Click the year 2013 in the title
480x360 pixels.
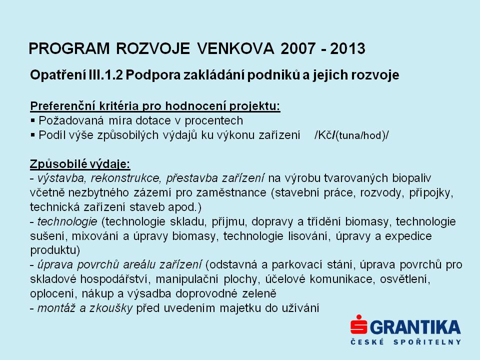pos(348,48)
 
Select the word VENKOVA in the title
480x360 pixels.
pos(235,48)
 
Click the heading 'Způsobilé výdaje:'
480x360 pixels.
pos(80,164)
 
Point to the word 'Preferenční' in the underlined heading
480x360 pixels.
pos(63,106)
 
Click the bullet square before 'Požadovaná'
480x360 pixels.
pos(33,121)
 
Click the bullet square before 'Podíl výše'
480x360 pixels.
pos(33,135)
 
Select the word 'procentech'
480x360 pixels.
pos(213,121)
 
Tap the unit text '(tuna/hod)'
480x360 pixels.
pos(360,135)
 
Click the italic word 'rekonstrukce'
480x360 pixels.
pos(125,178)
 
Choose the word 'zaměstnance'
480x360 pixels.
pos(231,193)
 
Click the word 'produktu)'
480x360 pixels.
pos(55,250)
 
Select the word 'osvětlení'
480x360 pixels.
pos(405,279)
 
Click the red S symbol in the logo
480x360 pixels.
pos(359,324)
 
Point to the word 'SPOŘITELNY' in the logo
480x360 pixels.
pos(427,342)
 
